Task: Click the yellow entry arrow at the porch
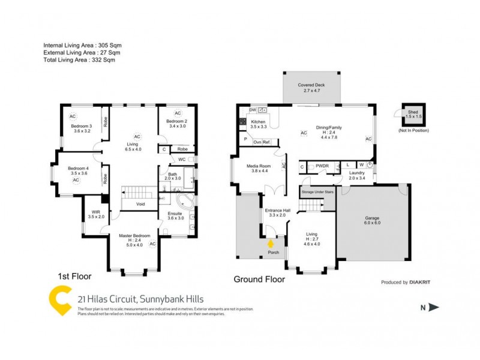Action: click(x=271, y=244)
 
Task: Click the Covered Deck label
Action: click(x=311, y=85)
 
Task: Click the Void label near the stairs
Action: click(x=140, y=204)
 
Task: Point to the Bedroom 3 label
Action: click(x=81, y=126)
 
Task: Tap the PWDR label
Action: click(x=322, y=166)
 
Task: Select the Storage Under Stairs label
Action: click(x=317, y=191)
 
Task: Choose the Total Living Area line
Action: click(x=79, y=60)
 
